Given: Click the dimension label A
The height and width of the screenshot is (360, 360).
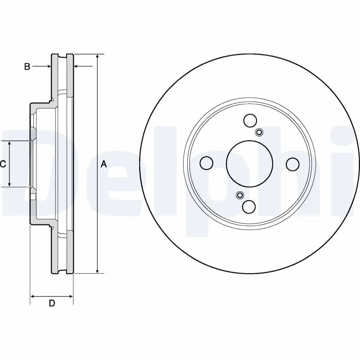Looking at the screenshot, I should [x=103, y=164].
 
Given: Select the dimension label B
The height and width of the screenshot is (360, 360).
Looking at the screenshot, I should [x=27, y=67].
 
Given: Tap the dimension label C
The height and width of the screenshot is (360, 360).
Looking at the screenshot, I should [x=3, y=164].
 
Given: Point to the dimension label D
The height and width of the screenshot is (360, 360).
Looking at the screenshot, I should [x=52, y=303].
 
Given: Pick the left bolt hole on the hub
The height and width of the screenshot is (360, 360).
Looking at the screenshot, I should [x=206, y=164].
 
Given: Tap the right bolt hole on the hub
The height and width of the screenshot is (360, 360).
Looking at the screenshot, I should [x=293, y=164].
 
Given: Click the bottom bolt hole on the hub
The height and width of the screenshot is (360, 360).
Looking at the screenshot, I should [x=248, y=207].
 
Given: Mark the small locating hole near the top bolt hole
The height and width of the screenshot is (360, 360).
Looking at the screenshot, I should [x=259, y=132].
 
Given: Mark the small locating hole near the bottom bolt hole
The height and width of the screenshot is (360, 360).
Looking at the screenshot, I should [x=239, y=195].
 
